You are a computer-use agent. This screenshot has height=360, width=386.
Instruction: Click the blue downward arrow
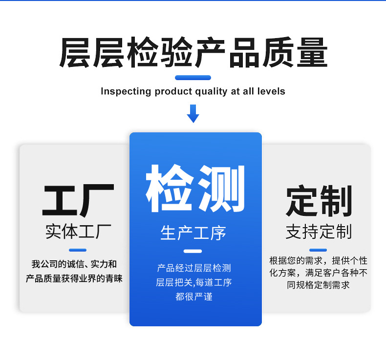193,113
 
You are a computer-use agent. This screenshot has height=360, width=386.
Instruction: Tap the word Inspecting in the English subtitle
126,91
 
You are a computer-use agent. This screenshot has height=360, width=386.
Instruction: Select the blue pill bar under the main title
193,78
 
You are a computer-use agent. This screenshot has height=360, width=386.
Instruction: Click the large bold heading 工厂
78,201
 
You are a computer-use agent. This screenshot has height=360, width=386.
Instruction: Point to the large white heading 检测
195,189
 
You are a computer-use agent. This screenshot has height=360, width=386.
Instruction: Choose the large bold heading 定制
319,201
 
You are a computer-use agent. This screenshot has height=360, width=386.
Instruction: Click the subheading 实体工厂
78,231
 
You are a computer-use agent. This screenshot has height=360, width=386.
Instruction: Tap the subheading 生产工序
193,233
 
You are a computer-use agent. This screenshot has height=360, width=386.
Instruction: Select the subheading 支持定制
319,232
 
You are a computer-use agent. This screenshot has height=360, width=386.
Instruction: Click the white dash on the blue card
193,251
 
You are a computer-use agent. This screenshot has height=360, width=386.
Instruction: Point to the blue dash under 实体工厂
78,250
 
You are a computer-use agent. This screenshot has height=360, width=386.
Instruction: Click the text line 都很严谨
194,296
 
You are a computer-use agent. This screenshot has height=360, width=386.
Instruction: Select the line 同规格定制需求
319,285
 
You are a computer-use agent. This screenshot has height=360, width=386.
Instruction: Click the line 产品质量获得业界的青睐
74,278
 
